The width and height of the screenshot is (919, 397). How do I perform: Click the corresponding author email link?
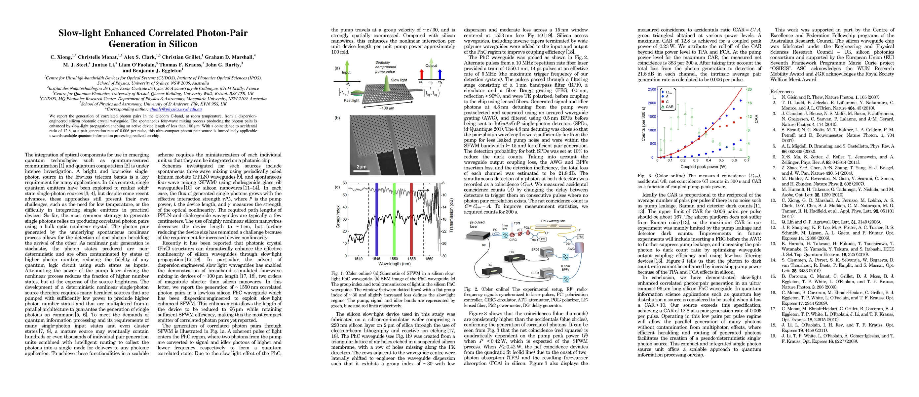tap(175, 109)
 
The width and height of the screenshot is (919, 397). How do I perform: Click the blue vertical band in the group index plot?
tap(376, 219)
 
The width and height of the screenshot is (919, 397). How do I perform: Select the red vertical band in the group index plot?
tap(411, 219)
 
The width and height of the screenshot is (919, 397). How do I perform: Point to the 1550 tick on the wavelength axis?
tap(394, 259)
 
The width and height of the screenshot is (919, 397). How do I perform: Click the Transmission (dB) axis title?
tap(451, 215)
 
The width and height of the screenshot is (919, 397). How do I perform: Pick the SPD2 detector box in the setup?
tap(547, 252)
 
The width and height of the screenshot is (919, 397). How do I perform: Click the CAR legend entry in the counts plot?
tap(667, 107)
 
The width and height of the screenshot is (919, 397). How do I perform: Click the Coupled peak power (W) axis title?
tap(703, 167)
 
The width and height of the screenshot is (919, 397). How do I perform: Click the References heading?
tap(782, 92)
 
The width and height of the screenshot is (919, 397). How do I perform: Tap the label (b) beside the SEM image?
tap(337, 118)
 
